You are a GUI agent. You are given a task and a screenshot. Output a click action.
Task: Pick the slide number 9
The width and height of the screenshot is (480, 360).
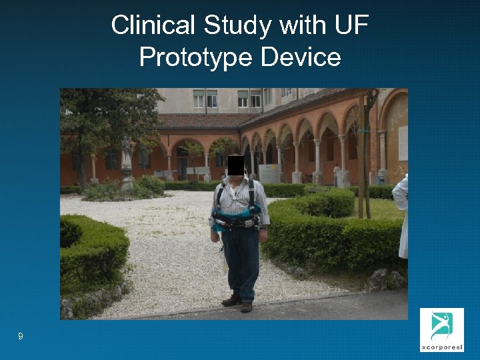click(21, 337)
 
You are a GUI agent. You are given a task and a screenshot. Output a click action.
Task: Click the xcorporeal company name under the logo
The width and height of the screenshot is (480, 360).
click(441, 347)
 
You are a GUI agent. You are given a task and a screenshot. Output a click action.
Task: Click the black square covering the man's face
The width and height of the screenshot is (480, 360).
click(235, 165)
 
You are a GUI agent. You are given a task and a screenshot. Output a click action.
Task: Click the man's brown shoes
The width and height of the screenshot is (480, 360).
click(239, 303)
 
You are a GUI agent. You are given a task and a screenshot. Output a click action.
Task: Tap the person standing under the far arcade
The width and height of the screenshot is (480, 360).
click(337, 175)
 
